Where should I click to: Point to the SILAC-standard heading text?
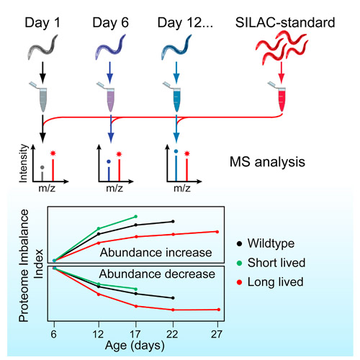[285, 22]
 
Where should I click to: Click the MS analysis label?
[267, 162]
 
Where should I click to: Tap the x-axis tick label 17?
[135, 334]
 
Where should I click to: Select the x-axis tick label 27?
[217, 334]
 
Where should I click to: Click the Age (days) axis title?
[135, 346]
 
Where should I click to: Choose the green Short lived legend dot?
[239, 264]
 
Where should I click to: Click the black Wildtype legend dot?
[239, 244]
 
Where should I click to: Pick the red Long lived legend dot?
[239, 282]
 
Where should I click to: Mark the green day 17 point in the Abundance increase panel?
[136, 217]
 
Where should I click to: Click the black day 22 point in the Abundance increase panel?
[173, 221]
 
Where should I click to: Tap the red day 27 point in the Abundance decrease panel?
[219, 310]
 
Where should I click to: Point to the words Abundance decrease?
[157, 274]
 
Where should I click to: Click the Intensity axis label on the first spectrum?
[24, 163]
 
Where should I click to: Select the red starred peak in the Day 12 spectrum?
[187, 166]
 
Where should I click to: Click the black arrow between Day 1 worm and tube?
[42, 73]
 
